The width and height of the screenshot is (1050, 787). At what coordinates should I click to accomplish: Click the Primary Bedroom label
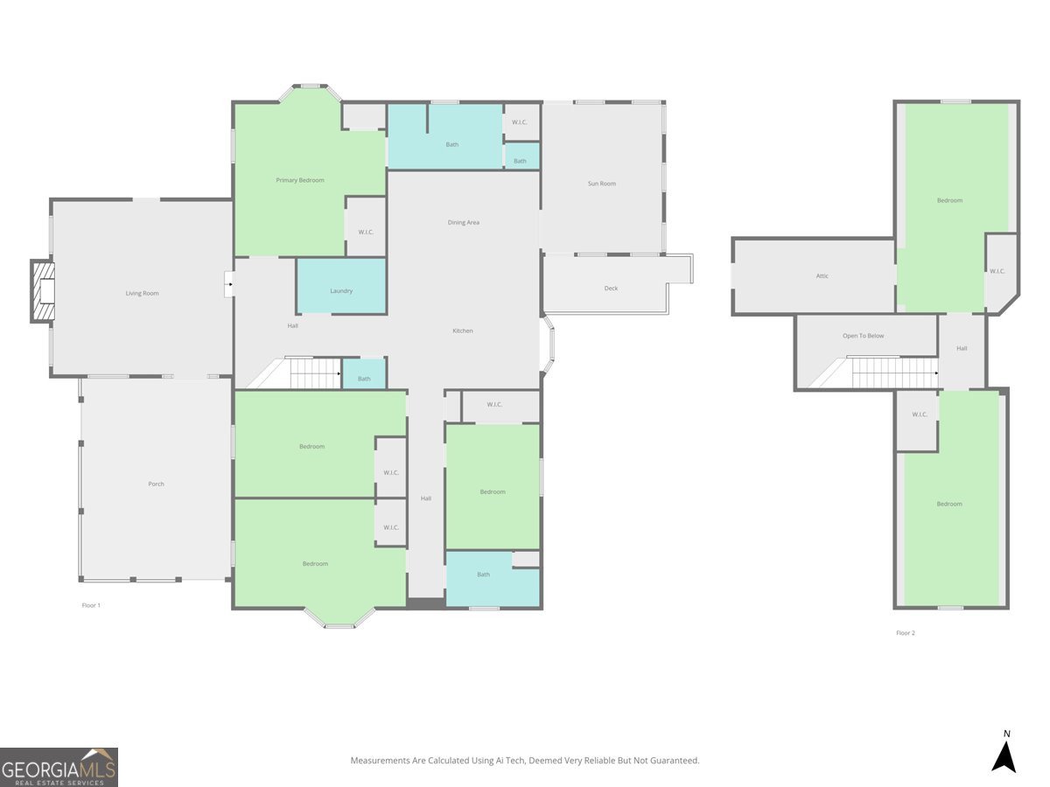(x=300, y=180)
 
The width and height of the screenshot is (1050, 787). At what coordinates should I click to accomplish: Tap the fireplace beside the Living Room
(x=43, y=291)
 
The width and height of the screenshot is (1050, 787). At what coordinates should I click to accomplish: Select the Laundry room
(x=341, y=286)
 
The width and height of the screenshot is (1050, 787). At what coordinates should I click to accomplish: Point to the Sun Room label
(x=602, y=184)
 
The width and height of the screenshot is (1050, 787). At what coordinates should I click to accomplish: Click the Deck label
(x=611, y=289)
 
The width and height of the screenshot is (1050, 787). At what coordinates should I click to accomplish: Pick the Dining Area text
(x=464, y=222)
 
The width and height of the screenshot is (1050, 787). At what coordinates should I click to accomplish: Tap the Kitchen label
(x=463, y=331)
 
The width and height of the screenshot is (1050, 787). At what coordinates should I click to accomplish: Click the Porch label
(x=156, y=484)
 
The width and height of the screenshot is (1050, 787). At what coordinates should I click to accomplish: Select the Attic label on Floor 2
(x=822, y=275)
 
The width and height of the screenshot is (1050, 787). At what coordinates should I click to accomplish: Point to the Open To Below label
(x=864, y=336)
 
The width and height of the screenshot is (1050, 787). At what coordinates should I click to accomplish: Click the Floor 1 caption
(x=91, y=605)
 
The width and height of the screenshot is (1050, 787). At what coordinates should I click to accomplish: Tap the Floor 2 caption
(x=906, y=632)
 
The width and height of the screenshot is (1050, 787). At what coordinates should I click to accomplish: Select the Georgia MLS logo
(x=59, y=768)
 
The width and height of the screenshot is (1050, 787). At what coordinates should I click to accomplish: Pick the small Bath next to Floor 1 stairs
(x=365, y=373)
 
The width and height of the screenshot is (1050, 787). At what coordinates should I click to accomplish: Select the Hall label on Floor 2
(x=962, y=348)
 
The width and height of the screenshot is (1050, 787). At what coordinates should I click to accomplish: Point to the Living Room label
(x=142, y=294)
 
